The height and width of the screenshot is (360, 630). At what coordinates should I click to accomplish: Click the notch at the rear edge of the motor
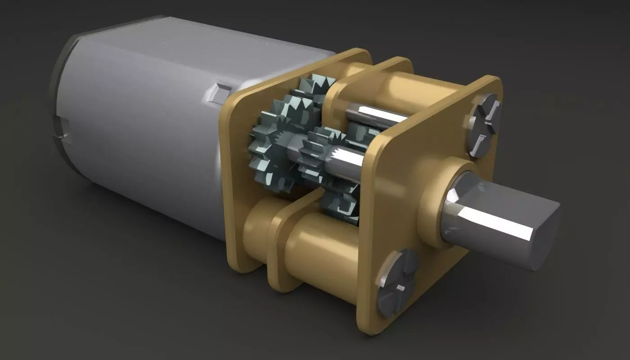(x=63, y=130)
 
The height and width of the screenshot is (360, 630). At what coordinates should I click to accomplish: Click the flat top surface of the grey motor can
(x=202, y=40)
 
